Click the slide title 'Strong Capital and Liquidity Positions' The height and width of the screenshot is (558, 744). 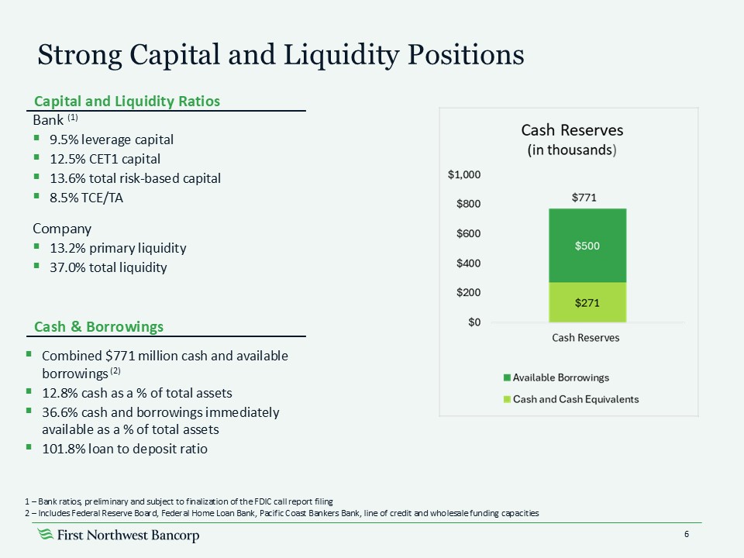pos(281,54)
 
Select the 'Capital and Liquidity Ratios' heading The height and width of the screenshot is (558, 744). pos(126,102)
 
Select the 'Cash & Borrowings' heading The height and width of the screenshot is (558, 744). pos(98,326)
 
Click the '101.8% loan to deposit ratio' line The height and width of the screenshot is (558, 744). pos(125,449)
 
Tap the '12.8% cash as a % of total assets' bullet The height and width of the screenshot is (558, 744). pos(137,392)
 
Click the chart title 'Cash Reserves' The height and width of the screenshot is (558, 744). pos(572,129)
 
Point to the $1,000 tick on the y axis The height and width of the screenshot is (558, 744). pos(464,175)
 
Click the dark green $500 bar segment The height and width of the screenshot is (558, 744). pos(587,246)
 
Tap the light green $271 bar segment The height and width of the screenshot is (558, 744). pos(587,302)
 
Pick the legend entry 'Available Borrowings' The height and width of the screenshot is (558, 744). pos(560,377)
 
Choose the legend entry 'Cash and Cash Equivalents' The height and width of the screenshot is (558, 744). pos(576,399)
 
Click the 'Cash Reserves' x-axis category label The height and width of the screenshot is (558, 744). pos(586,338)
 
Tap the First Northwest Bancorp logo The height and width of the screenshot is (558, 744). pos(119,536)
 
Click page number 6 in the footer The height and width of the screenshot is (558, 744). pos(687,535)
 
